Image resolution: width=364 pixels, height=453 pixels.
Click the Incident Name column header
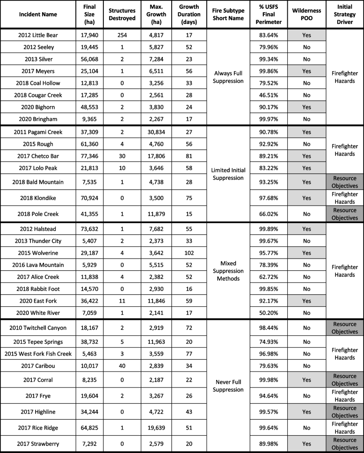tap(37, 14)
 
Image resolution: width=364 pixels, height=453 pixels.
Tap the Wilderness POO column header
tap(306, 14)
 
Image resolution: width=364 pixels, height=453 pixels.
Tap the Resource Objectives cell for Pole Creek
tap(345, 214)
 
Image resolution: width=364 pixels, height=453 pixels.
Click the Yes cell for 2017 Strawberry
tap(306, 442)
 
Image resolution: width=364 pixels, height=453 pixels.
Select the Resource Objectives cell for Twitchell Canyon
tap(345, 328)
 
